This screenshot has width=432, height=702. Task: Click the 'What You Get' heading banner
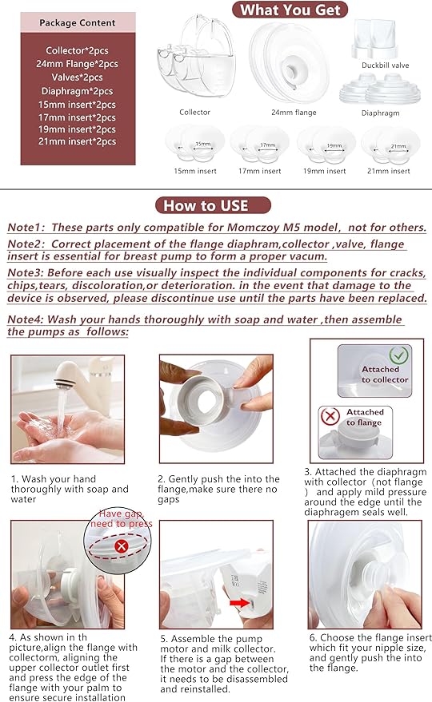(290, 10)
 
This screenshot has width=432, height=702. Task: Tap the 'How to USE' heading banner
(206, 205)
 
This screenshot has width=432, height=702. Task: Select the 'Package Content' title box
(77, 23)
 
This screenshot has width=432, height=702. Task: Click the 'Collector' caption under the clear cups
(195, 113)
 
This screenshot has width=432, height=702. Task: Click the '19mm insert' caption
(325, 171)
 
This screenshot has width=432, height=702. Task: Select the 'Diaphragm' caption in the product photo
(379, 113)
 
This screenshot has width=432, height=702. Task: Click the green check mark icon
(397, 355)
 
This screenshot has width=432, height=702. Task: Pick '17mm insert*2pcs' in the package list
(77, 117)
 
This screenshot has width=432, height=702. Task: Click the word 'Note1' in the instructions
(24, 227)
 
